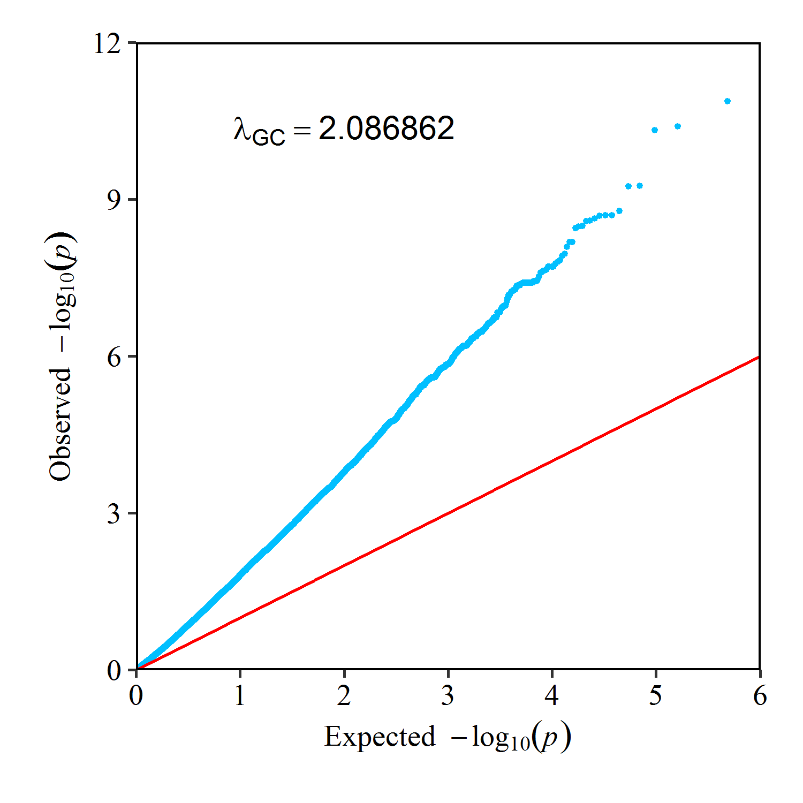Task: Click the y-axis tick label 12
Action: point(107,43)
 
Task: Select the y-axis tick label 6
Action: point(114,357)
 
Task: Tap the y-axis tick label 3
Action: point(114,514)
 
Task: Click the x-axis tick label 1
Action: point(240,695)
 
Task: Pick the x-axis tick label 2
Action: point(344,695)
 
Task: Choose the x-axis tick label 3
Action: point(448,695)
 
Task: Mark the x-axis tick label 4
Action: point(552,695)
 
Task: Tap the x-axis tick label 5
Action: point(656,695)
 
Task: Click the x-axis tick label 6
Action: point(760,695)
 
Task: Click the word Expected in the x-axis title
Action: point(380,737)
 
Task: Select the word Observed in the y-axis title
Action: point(60,424)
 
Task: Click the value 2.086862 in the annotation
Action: point(386,128)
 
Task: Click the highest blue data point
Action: point(727,101)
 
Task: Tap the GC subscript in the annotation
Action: point(268,138)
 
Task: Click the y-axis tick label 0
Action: point(114,670)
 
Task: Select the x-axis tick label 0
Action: point(137,695)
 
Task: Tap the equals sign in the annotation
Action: point(302,130)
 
